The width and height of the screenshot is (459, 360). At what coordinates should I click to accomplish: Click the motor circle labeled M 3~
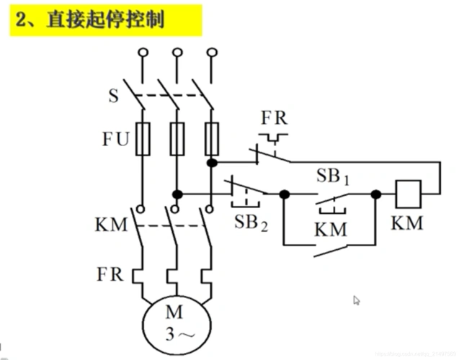175,322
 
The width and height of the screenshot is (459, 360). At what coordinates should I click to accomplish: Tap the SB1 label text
333,176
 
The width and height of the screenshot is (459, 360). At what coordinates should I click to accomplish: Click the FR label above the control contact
275,117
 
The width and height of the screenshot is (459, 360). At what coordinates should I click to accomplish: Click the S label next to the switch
114,95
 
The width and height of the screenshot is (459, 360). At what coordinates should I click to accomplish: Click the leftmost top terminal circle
143,53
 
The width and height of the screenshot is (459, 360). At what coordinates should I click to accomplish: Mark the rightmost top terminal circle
211,53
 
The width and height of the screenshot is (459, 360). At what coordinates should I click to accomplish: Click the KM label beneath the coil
408,222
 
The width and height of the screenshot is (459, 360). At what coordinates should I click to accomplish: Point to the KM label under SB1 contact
331,230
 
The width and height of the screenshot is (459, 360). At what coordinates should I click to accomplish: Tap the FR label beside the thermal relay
110,274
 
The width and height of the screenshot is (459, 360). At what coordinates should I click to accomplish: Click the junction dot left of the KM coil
375,194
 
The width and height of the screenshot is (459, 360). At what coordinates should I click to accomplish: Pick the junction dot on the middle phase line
177,194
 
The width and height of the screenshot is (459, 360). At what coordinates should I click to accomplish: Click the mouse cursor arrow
356,300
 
